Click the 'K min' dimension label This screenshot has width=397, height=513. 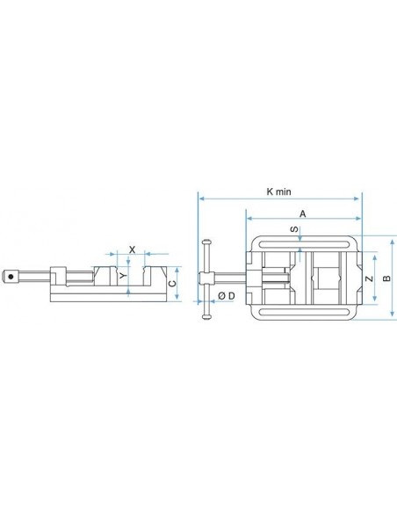coord(278,191)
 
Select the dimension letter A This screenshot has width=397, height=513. coord(303,214)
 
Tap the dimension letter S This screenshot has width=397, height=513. coord(294,228)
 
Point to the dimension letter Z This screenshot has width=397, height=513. coord(369,278)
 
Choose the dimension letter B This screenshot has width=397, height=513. coord(386,278)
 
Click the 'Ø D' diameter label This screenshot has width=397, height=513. coord(227,296)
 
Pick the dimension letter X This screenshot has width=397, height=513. coord(132,250)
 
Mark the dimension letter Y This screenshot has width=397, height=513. coord(123,276)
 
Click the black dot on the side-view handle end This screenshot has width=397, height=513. coord(11,277)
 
